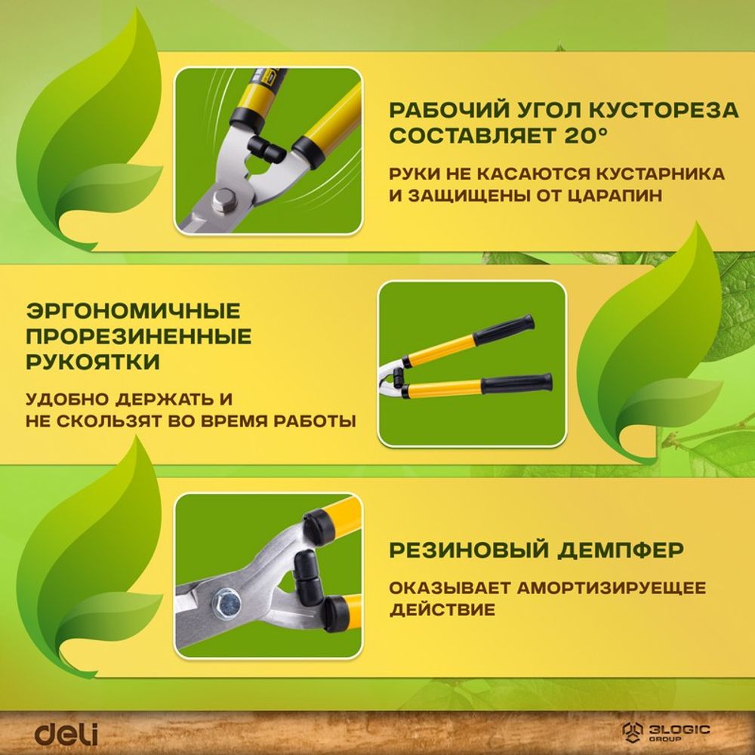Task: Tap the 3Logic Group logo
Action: pos(665,732)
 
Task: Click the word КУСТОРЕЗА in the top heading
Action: pos(664,110)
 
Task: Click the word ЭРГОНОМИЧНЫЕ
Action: pos(133,311)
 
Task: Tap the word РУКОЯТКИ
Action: pos(92,362)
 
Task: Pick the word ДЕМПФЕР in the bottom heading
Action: pos(621,550)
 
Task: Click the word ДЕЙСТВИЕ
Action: pos(442,609)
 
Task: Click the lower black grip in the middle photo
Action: pos(516,384)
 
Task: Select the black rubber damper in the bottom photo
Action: pos(308,575)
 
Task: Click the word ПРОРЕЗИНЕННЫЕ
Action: pos(139,337)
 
